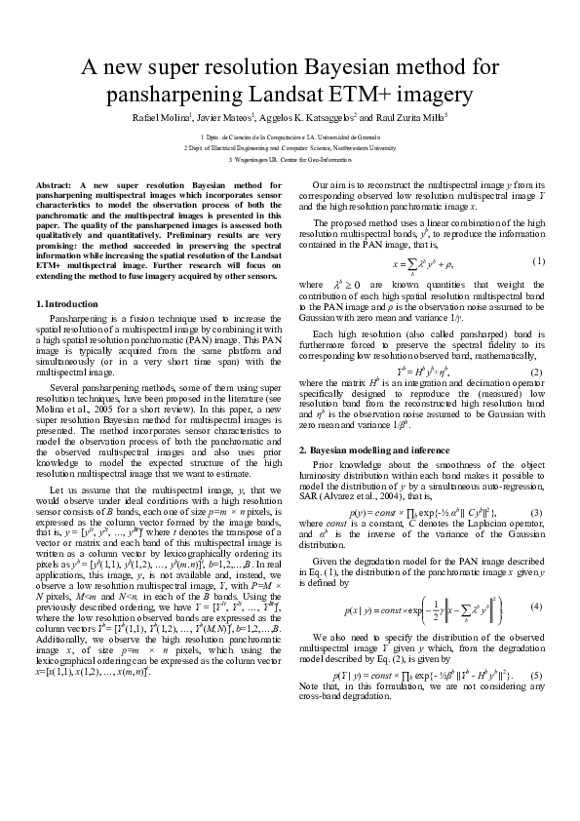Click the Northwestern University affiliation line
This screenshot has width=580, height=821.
[290, 148]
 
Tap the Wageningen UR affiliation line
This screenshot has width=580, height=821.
[290, 159]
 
